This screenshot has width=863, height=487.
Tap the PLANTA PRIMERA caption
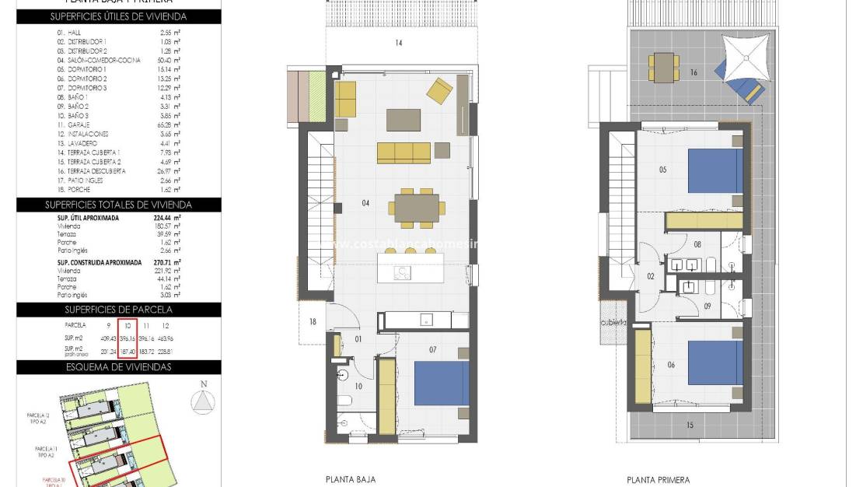click(x=658, y=480)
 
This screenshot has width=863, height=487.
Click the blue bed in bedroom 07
click(x=441, y=384)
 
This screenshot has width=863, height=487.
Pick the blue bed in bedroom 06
click(x=715, y=363)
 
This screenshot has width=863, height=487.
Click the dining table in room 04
click(x=417, y=208)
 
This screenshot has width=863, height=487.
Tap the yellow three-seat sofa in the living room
click(x=404, y=152)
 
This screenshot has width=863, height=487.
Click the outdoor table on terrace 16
click(x=664, y=67)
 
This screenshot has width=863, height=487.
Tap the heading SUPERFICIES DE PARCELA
click(x=118, y=310)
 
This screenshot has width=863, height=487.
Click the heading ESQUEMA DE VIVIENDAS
click(x=118, y=366)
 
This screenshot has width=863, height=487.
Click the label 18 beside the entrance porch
click(x=313, y=322)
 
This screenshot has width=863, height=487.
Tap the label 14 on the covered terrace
click(x=398, y=44)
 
